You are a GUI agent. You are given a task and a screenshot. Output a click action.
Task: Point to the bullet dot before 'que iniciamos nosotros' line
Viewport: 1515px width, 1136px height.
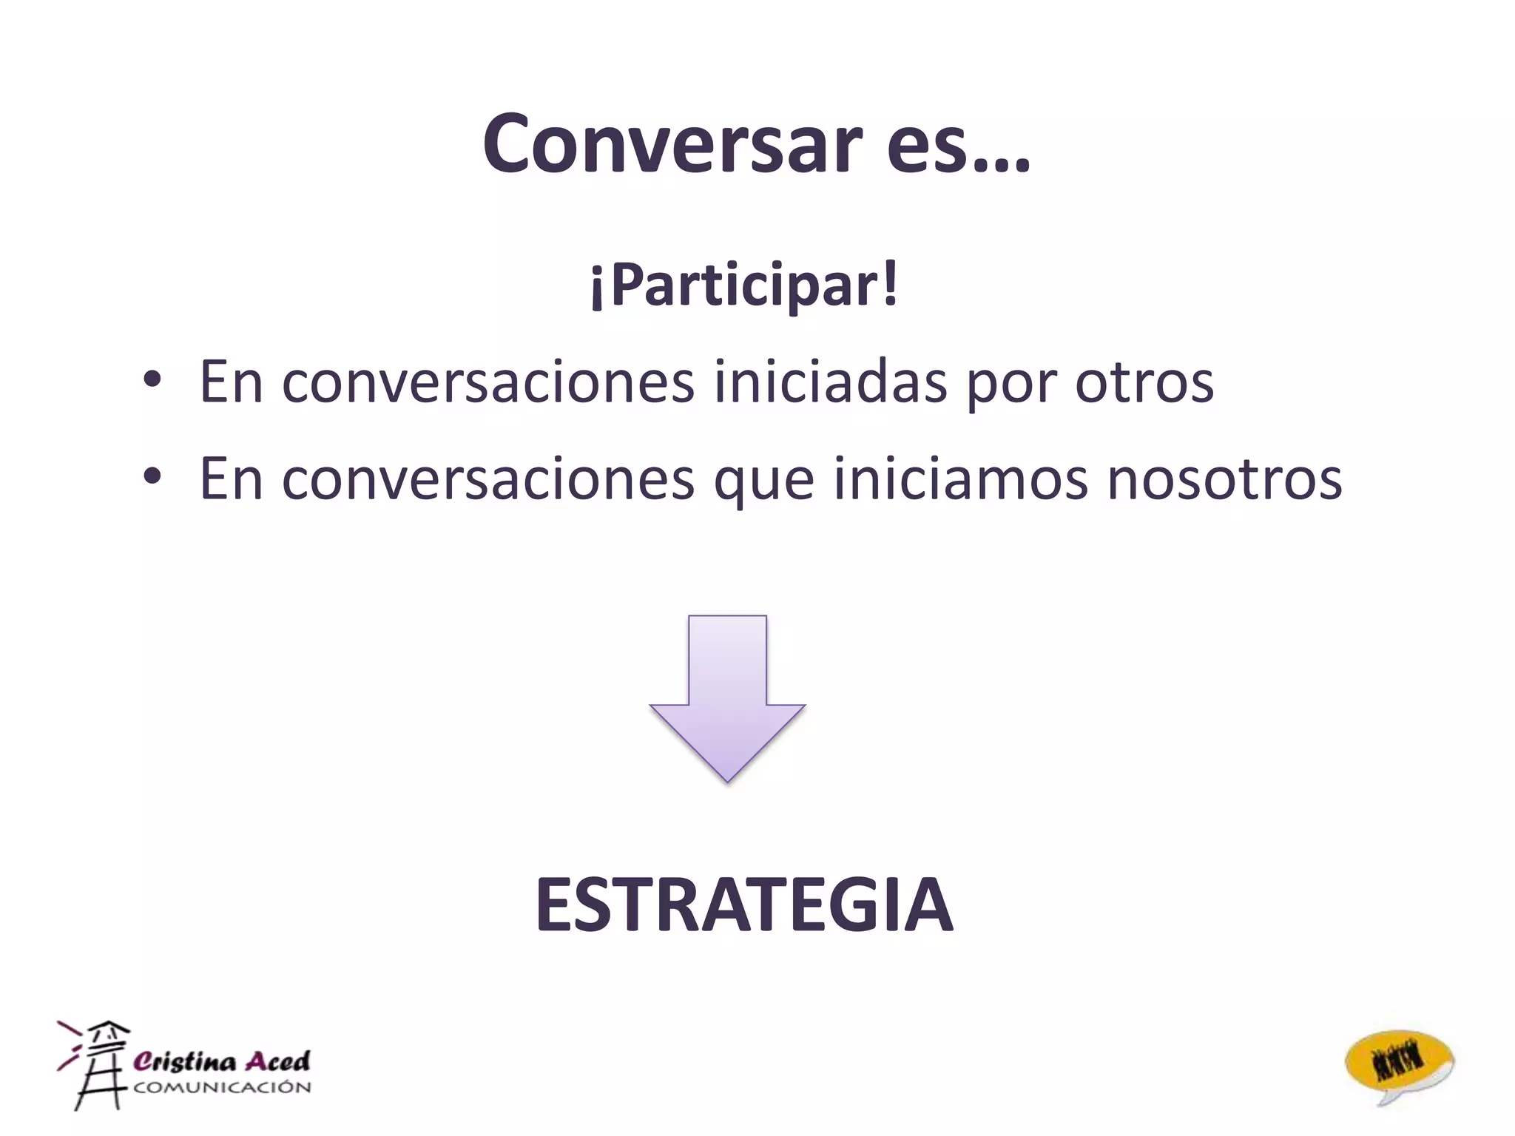[152, 477]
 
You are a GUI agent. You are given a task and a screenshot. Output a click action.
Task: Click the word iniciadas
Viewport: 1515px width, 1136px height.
[830, 382]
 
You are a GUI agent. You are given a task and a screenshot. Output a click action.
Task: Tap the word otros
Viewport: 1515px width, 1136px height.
[1144, 382]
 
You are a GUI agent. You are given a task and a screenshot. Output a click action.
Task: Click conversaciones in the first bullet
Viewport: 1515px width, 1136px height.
[488, 382]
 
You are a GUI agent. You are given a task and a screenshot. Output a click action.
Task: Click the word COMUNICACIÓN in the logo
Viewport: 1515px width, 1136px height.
[222, 1087]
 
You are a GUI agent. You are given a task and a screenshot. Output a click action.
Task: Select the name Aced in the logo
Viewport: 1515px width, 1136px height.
[277, 1061]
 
